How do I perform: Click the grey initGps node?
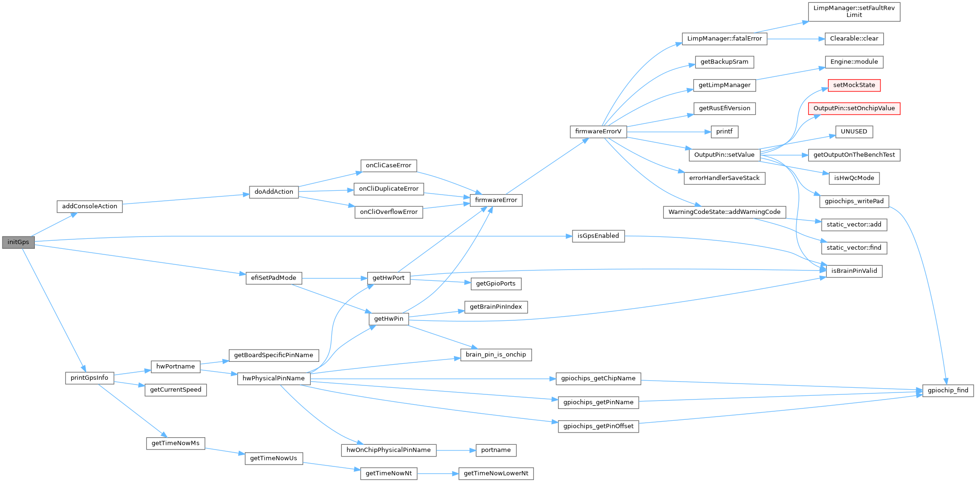[x=18, y=242]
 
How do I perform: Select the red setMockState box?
[x=854, y=85]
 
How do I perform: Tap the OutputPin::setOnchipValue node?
[x=854, y=108]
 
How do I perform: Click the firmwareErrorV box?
[x=598, y=131]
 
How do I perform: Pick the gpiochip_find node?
[x=948, y=390]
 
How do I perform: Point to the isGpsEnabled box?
[x=598, y=236]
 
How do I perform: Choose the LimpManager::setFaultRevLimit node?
[x=854, y=11]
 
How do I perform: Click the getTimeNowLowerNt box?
[x=496, y=474]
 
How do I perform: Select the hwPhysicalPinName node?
[x=274, y=378]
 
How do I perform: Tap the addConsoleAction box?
[x=89, y=206]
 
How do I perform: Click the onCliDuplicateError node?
[x=388, y=189]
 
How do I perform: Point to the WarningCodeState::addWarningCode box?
[x=724, y=212]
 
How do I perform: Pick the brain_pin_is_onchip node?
[x=496, y=355]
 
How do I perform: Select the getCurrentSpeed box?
[x=176, y=390]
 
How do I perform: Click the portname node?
[x=496, y=450]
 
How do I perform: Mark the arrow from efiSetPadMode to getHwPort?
[x=334, y=278]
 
